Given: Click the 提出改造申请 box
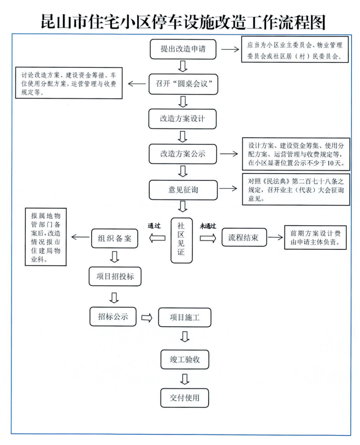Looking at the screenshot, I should tap(184, 49).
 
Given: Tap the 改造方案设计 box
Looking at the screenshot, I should tap(184, 118).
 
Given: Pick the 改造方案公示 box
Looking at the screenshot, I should tap(184, 154).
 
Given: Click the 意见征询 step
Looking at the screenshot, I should tap(184, 189).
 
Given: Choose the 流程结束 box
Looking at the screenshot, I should tap(244, 238).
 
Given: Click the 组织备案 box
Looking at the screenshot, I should tap(114, 238).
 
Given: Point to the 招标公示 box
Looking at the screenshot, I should tap(113, 316).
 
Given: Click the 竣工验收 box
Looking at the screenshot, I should tap(184, 359).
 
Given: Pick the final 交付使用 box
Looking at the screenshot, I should tap(184, 397).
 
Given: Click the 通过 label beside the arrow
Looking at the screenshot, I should tap(155, 225).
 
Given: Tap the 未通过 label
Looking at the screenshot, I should tap(208, 225).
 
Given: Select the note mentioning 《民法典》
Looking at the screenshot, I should tap(296, 189).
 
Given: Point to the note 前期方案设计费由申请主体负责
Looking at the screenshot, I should tap(315, 238).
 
